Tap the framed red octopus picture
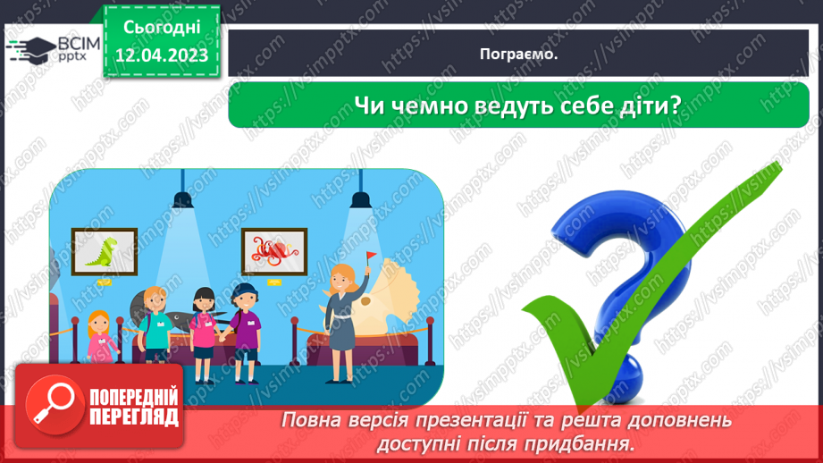(273, 252)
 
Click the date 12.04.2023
(162, 55)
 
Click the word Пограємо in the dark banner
(517, 54)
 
